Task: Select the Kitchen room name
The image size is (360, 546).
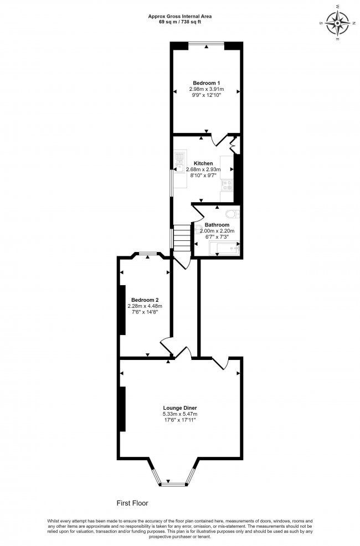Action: pyautogui.click(x=203, y=163)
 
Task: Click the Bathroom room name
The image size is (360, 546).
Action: pyautogui.click(x=217, y=225)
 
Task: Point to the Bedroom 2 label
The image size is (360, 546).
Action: pyautogui.click(x=145, y=300)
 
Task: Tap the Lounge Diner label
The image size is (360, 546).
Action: pyautogui.click(x=179, y=407)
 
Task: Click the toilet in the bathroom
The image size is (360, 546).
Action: pyautogui.click(x=232, y=214)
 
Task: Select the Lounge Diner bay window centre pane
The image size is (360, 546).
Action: pyautogui.click(x=172, y=485)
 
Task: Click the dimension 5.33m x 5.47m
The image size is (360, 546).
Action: pyautogui.click(x=179, y=414)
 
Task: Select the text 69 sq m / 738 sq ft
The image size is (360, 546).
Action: pyautogui.click(x=179, y=22)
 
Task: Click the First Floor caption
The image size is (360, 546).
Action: pyautogui.click(x=132, y=503)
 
